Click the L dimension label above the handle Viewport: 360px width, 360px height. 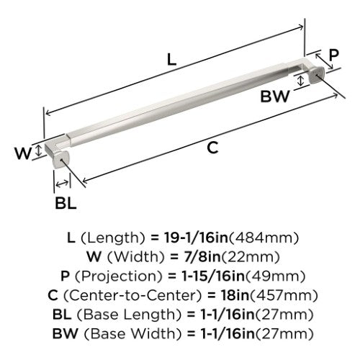pos(171,60)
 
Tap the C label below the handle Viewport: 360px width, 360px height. pos(212,148)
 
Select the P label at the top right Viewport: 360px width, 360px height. pos(333,55)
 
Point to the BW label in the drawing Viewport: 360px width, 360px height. pos(275,96)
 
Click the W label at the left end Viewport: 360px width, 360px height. pos(23,153)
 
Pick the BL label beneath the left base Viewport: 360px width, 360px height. pos(66,203)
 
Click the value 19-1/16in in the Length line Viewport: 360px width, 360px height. pos(196,238)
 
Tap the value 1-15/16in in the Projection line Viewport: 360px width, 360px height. pos(212,276)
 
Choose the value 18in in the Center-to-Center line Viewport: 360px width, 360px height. pos(235,295)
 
